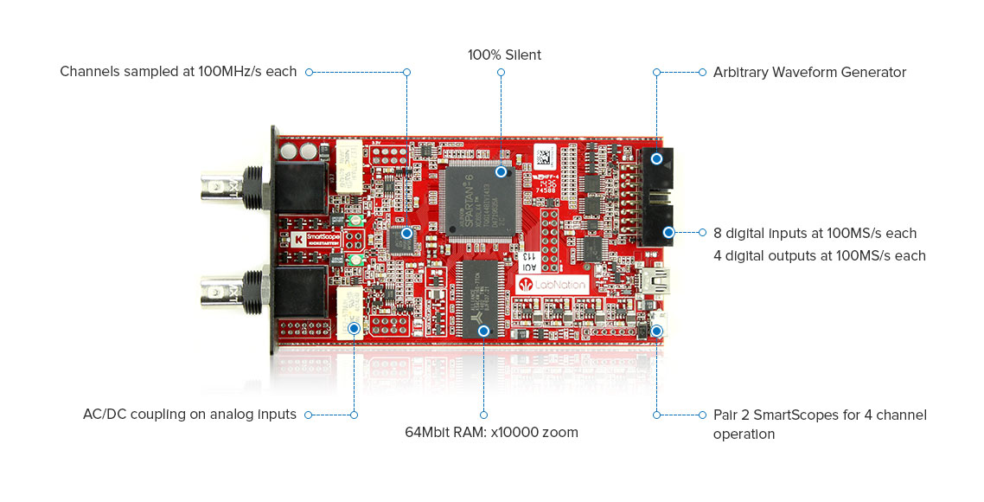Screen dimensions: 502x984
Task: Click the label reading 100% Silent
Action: pyautogui.click(x=504, y=55)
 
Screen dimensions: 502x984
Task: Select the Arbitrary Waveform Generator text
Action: pyautogui.click(x=809, y=72)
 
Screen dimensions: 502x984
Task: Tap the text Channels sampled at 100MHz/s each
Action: pyautogui.click(x=178, y=72)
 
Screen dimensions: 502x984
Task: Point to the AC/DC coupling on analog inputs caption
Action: pyautogui.click(x=189, y=415)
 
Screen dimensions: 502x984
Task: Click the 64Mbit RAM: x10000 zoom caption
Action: pyautogui.click(x=492, y=432)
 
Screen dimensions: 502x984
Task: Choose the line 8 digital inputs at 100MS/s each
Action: pyautogui.click(x=815, y=233)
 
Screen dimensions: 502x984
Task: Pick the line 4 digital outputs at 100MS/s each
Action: pyautogui.click(x=819, y=255)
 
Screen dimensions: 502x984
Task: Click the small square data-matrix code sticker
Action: pyautogui.click(x=543, y=157)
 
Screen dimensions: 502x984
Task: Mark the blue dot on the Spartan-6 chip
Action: pyautogui.click(x=500, y=172)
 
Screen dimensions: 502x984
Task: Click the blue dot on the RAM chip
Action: pyautogui.click(x=483, y=331)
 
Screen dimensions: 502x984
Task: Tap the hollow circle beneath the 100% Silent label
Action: pyautogui.click(x=501, y=72)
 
